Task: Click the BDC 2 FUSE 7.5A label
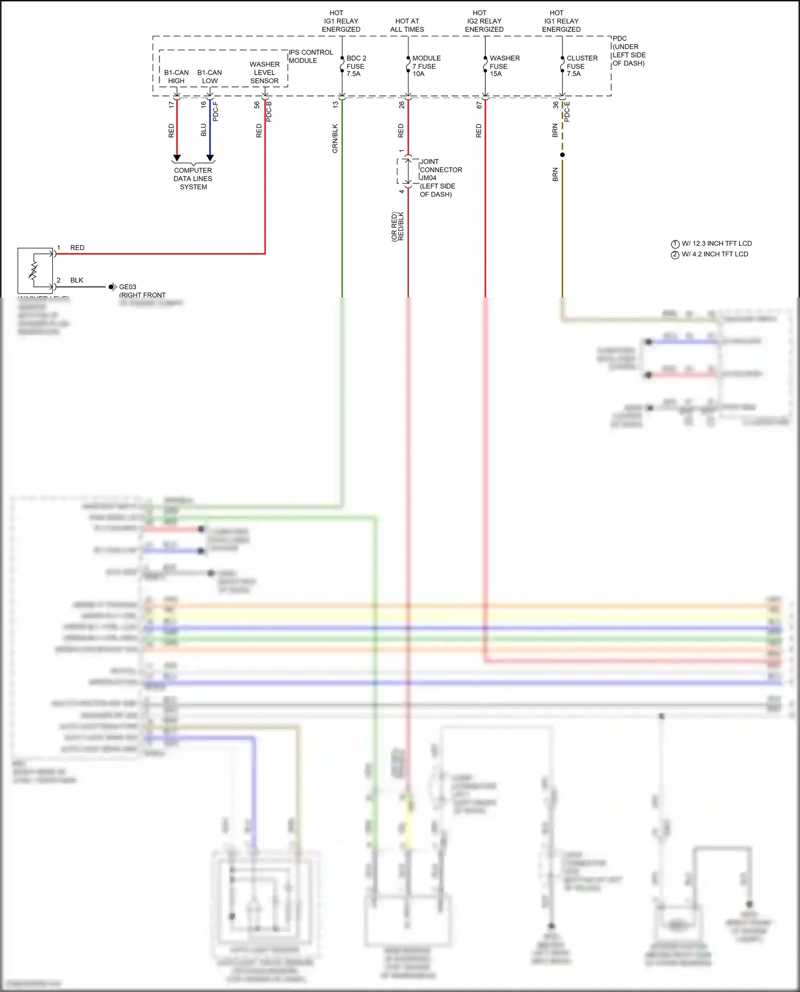tap(356, 66)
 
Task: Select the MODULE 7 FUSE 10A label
tap(426, 66)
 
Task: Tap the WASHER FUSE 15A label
tap(503, 66)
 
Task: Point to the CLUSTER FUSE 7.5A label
tap(581, 66)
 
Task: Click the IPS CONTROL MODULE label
tap(310, 57)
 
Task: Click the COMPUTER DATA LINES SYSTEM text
tap(193, 179)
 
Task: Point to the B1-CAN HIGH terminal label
tap(176, 77)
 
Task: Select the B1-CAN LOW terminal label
tap(210, 77)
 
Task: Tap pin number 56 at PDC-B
tap(257, 105)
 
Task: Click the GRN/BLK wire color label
tap(335, 139)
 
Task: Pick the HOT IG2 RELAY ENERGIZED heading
tap(484, 21)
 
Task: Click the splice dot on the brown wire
tap(562, 155)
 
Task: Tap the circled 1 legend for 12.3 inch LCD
tap(675, 244)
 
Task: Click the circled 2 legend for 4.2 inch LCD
tap(675, 255)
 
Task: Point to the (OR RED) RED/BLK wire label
tap(398, 227)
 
